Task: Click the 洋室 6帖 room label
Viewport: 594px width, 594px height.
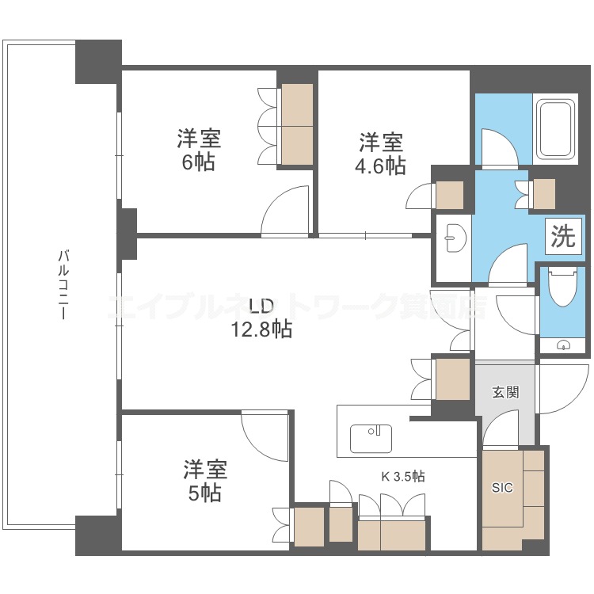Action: coord(200,150)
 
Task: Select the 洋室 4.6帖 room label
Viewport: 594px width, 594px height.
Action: coord(381,154)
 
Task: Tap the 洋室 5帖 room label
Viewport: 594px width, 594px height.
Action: coord(205,481)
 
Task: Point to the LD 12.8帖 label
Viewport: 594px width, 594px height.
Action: coord(262,318)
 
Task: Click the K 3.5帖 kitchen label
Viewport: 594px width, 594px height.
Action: coord(402,476)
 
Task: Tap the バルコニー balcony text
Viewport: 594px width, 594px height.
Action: coord(63,284)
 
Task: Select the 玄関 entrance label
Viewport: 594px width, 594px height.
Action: coord(505,393)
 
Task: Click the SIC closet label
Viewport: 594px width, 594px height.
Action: coord(502,488)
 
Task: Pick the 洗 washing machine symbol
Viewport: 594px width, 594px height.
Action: coord(563,236)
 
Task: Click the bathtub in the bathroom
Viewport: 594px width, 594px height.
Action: coord(555,129)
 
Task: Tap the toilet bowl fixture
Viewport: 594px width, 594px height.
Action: coord(562,287)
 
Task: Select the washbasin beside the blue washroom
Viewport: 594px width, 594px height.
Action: coord(453,238)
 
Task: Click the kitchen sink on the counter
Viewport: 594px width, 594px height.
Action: coord(371,439)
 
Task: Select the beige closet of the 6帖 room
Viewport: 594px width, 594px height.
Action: coord(297,124)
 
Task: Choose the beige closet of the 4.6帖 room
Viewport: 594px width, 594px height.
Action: coord(450,195)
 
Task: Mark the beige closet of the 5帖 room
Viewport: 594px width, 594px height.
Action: coord(309,527)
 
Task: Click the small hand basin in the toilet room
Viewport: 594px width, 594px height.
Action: coord(564,345)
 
